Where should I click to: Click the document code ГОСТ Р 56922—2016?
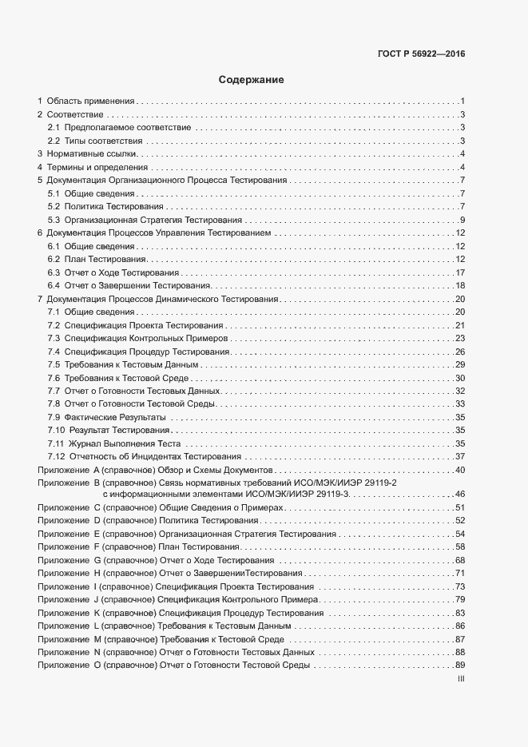point(421,54)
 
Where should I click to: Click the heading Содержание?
point(252,80)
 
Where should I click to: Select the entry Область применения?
point(90,101)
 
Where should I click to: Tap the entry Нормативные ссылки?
point(93,153)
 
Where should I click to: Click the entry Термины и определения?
point(97,167)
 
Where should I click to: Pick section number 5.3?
point(54,220)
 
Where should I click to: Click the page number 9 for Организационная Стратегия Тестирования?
point(462,220)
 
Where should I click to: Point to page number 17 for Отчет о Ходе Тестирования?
point(460,273)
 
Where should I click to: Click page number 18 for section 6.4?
point(460,286)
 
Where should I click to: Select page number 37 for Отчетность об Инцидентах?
point(460,457)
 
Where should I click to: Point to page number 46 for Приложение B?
point(460,495)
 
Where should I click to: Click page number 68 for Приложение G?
point(460,560)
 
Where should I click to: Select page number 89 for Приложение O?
point(460,666)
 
